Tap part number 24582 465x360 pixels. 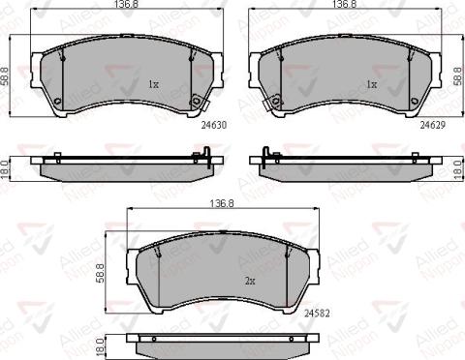pyautogui.click(x=316, y=313)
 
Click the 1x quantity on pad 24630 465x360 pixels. pyautogui.click(x=152, y=84)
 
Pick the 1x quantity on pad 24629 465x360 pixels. pyautogui.click(x=370, y=84)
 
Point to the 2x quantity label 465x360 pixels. pyautogui.click(x=249, y=281)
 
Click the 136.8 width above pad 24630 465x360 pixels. pyautogui.click(x=122, y=6)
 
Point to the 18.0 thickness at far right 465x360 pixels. pyautogui.click(x=457, y=166)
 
